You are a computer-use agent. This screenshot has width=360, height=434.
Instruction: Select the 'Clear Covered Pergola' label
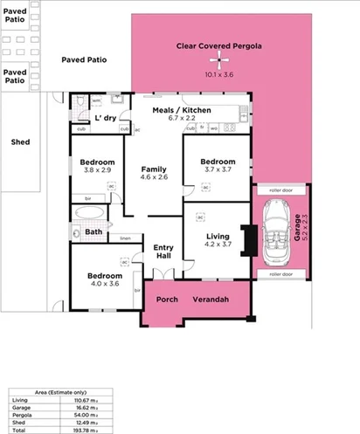218,45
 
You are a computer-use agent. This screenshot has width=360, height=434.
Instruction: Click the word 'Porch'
166,300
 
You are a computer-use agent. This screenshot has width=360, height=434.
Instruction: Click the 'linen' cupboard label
125,238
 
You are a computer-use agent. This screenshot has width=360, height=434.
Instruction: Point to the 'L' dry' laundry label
105,116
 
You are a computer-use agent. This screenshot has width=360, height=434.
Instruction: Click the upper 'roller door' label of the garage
280,188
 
